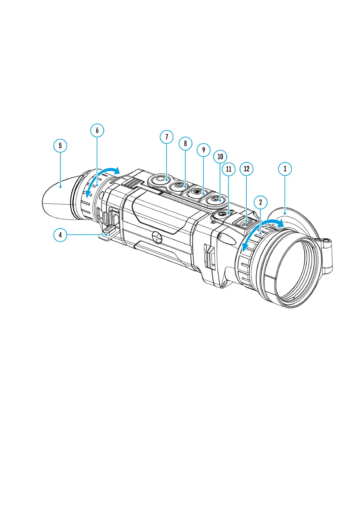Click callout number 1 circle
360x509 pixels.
285,169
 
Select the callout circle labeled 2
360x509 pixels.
261,202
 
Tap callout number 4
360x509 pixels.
60,235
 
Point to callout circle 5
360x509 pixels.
60,145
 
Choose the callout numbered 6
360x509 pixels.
97,130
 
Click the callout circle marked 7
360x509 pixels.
167,137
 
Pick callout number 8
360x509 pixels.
185,143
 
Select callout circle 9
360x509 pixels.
203,150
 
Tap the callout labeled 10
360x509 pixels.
220,157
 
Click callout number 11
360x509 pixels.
229,169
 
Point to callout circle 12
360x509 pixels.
246,169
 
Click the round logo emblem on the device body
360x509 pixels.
157,238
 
